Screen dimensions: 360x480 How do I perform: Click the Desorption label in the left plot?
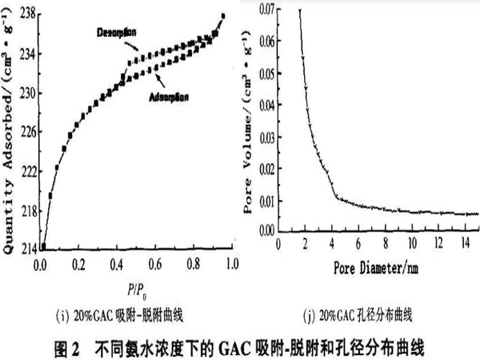click(116, 32)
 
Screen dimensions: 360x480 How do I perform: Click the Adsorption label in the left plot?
click(168, 97)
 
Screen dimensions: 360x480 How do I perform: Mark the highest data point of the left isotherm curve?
click(222, 16)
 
